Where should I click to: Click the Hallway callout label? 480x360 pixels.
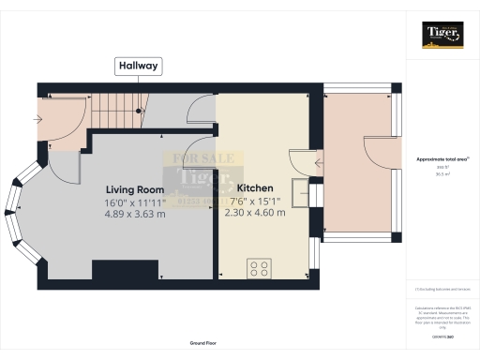click(138, 66)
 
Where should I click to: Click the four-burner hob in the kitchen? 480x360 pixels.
click(258, 269)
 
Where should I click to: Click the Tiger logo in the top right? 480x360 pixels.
click(443, 36)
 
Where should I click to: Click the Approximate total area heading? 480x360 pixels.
click(442, 159)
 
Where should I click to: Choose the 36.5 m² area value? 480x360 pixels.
click(442, 174)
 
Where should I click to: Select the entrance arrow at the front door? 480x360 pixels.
click(37, 119)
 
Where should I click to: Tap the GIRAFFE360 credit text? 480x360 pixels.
click(442, 336)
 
